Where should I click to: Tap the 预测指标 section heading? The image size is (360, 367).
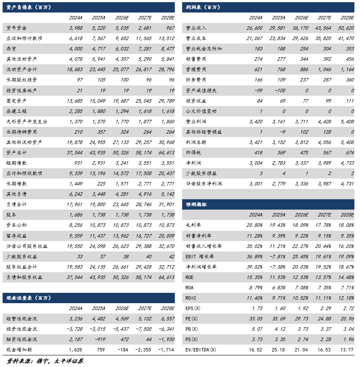196,204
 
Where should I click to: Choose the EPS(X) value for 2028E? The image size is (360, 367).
347,308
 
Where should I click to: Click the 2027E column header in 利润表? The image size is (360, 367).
324,18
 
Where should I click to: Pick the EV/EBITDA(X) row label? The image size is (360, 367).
200,349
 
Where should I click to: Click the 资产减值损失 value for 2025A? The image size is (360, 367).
277,90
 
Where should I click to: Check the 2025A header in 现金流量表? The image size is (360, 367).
99,308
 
